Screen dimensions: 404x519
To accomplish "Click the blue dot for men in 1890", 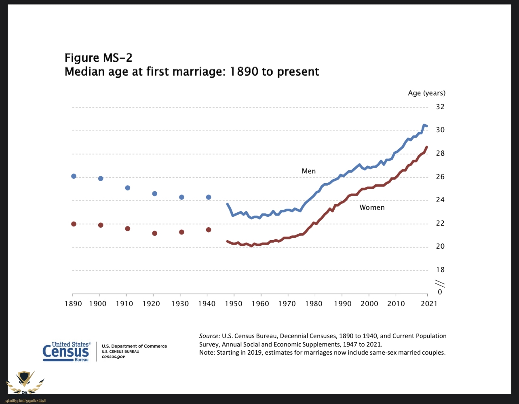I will [74, 176].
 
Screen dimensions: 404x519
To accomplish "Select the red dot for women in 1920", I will [154, 233].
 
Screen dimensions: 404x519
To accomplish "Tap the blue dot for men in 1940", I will [209, 197].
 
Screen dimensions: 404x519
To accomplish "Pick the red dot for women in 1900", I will [101, 225].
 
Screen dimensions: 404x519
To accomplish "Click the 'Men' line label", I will [308, 171].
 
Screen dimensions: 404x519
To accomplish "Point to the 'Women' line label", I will [372, 207].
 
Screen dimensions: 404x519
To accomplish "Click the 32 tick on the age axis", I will [440, 107].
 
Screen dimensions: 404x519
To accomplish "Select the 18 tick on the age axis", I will [440, 270].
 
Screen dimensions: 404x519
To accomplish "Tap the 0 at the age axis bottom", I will [440, 292].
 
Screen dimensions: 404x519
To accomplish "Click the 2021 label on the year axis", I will [428, 304].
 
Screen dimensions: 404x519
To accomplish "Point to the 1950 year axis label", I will [234, 304].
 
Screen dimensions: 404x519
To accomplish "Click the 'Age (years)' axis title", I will [426, 93].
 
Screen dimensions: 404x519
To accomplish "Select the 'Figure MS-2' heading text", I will [98, 58].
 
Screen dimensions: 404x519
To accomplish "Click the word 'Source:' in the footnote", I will [209, 336].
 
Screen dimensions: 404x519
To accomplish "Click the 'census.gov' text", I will [113, 357].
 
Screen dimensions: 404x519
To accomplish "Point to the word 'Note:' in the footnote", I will [207, 353].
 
